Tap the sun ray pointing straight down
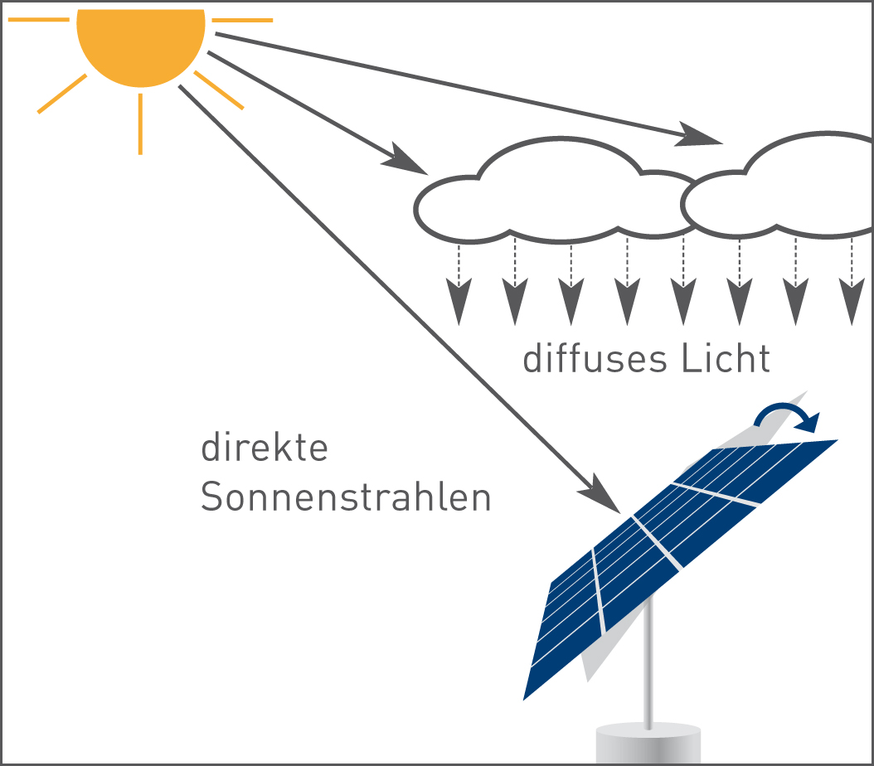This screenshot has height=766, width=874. (140, 124)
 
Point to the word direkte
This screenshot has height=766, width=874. (265, 448)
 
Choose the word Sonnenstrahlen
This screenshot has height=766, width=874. (346, 497)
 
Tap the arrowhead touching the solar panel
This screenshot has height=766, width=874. (601, 495)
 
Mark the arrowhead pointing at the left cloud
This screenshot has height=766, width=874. (405, 160)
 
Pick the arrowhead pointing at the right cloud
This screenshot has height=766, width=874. (698, 136)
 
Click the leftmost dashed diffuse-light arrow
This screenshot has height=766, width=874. (459, 284)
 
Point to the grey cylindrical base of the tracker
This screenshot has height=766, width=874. (648, 744)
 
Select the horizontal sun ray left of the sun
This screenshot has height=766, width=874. (38, 20)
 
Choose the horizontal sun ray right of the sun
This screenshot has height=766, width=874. (242, 20)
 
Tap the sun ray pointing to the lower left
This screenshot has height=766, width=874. (62, 94)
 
